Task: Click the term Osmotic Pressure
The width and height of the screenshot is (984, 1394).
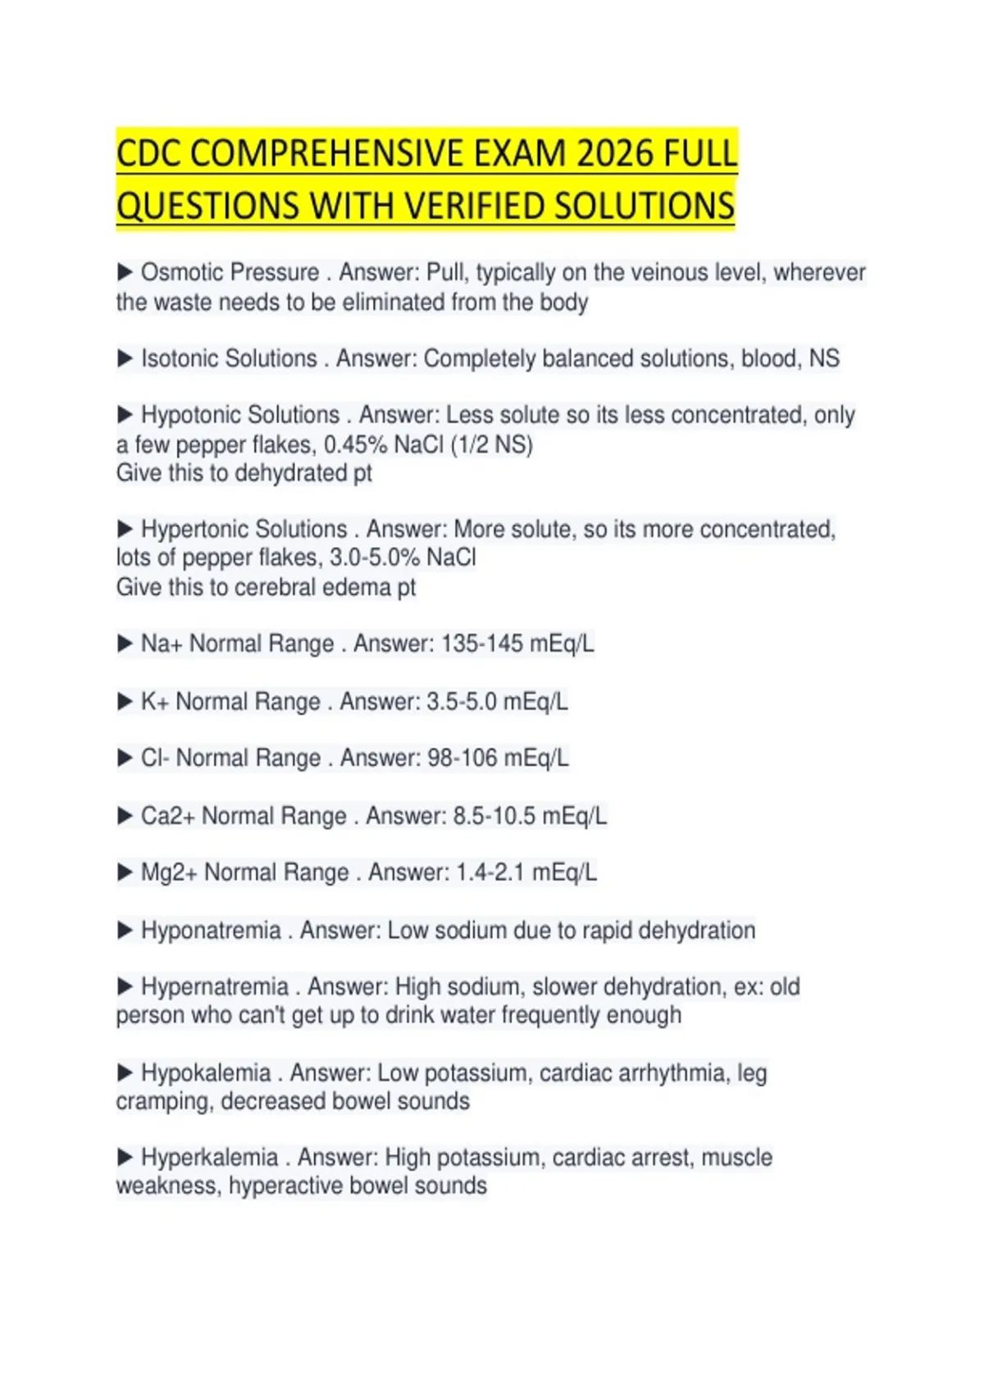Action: (x=230, y=272)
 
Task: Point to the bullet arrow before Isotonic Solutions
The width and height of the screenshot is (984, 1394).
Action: (x=125, y=358)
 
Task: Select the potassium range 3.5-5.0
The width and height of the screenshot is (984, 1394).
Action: (x=462, y=702)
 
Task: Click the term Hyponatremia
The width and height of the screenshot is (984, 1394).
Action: (x=211, y=931)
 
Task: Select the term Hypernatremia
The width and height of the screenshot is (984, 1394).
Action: (x=215, y=986)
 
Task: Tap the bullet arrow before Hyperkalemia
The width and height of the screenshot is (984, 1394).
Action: (x=125, y=1157)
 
